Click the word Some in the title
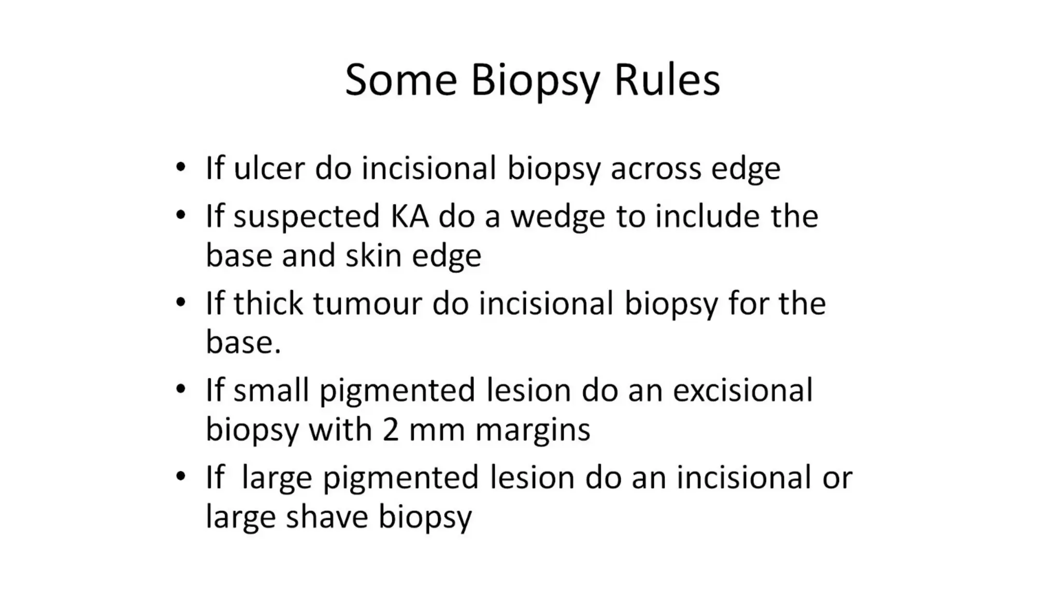[x=401, y=80]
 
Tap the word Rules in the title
[x=667, y=80]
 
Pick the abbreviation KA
[x=409, y=216]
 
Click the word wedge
[x=557, y=218]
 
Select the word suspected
[x=306, y=218]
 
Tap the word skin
[x=373, y=255]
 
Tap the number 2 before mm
[x=391, y=430]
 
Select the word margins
[x=533, y=431]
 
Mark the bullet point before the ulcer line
[x=180, y=167]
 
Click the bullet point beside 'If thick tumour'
[x=180, y=303]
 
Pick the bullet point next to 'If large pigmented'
[x=180, y=476]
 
